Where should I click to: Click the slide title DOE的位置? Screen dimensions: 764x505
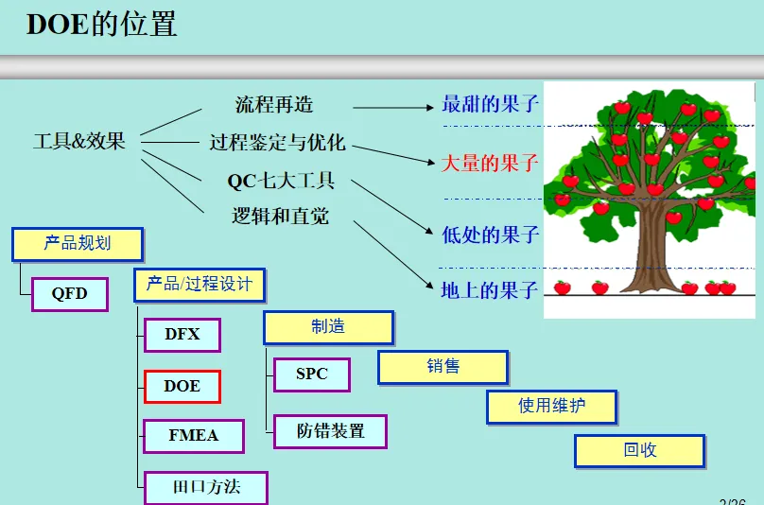point(101,25)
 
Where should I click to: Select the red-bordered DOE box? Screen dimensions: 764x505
point(182,386)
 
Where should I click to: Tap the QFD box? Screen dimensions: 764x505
point(69,293)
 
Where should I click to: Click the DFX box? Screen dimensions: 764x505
point(182,335)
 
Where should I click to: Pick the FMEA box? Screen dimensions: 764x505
point(193,436)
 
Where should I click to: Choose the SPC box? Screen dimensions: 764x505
point(311,374)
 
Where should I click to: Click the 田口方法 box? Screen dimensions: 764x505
point(206,488)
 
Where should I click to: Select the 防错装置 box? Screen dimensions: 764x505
point(330,431)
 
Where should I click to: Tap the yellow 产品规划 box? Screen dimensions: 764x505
point(78,244)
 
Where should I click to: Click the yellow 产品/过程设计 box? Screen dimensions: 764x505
point(200,284)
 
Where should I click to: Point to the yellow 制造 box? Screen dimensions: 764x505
point(328,327)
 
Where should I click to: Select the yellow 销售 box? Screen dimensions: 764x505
point(443,367)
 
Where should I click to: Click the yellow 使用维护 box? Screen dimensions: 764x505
point(552,407)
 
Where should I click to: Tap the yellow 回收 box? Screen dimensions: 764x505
point(639,450)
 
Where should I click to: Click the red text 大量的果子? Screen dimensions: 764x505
point(490,163)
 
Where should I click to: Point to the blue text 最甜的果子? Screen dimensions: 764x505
point(490,104)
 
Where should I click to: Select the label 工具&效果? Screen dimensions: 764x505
point(79,142)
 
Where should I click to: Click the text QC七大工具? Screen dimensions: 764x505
point(281,181)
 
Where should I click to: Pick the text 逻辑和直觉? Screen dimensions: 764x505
point(281,216)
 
